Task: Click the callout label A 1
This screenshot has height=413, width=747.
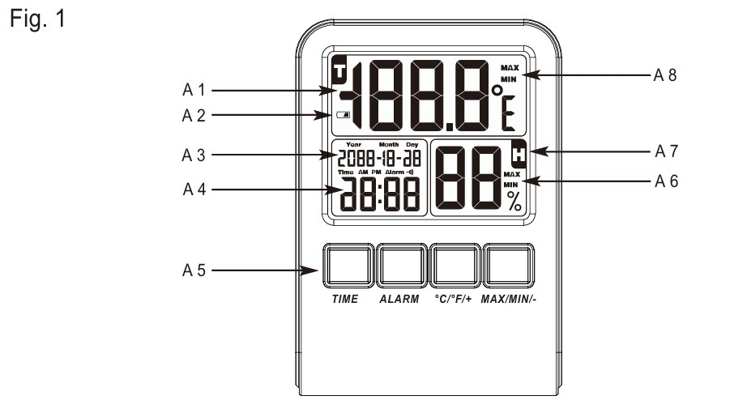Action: pyautogui.click(x=194, y=90)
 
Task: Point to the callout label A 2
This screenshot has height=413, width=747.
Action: pyautogui.click(x=194, y=115)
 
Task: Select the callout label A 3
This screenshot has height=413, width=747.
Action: pyautogui.click(x=194, y=155)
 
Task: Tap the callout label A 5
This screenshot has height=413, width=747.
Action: pyautogui.click(x=194, y=270)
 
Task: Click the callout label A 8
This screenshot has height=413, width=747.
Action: pyautogui.click(x=664, y=75)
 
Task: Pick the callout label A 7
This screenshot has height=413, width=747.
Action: pyautogui.click(x=666, y=151)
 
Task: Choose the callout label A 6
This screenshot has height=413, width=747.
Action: pyautogui.click(x=666, y=181)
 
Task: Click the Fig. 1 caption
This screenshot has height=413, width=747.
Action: pyautogui.click(x=37, y=19)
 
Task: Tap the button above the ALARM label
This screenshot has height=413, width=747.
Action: pyautogui.click(x=402, y=266)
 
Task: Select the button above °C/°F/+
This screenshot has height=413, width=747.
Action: pyautogui.click(x=455, y=266)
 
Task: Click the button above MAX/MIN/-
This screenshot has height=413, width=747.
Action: pyautogui.click(x=509, y=266)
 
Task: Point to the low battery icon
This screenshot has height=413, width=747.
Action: pyautogui.click(x=343, y=115)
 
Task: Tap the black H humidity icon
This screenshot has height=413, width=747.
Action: pyautogui.click(x=519, y=153)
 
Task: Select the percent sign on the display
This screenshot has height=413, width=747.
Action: pyautogui.click(x=514, y=201)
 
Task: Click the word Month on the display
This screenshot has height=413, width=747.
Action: pyautogui.click(x=389, y=144)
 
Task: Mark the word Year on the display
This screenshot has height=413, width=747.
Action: pyautogui.click(x=354, y=144)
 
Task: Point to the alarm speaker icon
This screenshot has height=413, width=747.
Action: pyautogui.click(x=410, y=172)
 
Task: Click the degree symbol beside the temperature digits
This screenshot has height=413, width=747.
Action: pyautogui.click(x=497, y=90)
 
